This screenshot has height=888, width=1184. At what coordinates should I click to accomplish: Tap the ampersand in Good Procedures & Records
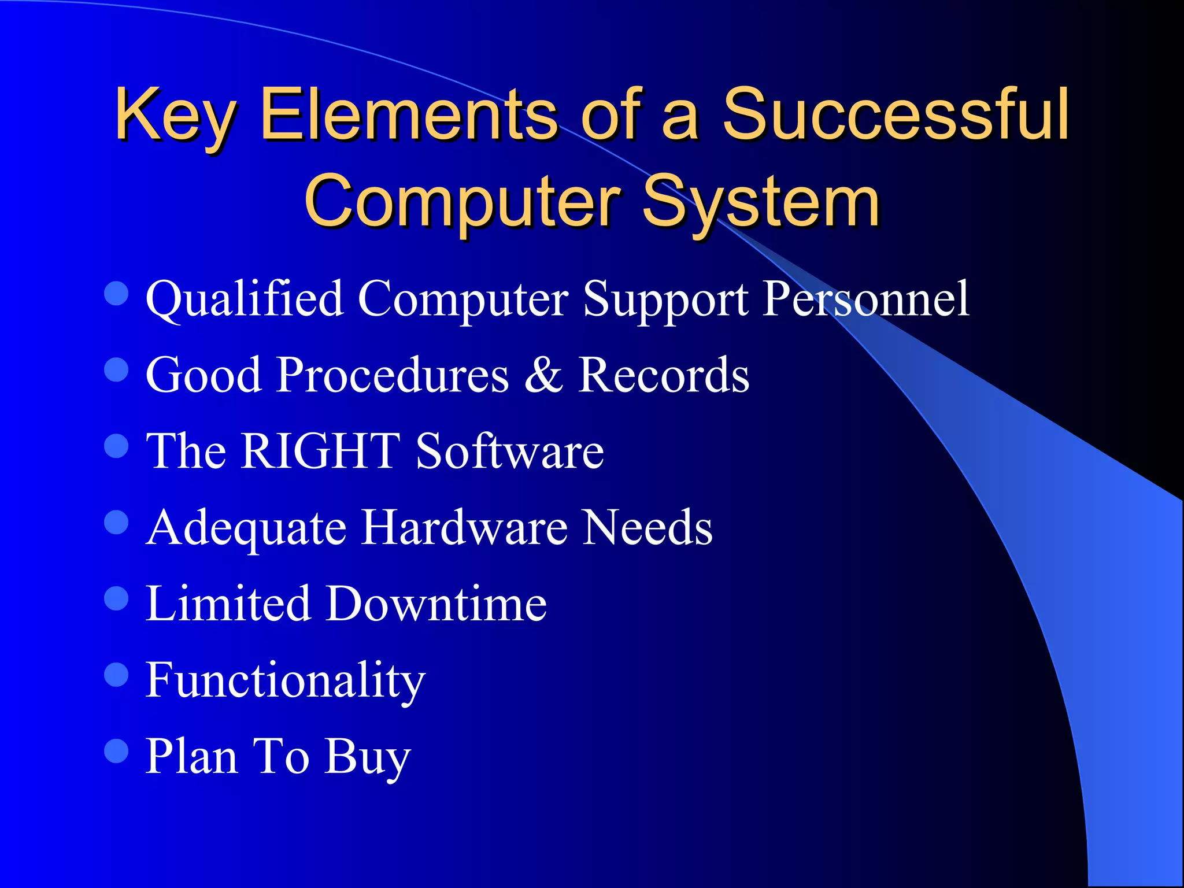[543, 375]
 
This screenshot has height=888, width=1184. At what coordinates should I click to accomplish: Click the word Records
[664, 375]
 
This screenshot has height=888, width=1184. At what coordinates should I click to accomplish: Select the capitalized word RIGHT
[320, 450]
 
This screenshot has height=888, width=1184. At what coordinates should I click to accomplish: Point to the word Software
[510, 450]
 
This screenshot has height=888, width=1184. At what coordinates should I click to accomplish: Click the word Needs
[647, 527]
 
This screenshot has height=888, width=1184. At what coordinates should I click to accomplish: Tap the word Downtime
[436, 604]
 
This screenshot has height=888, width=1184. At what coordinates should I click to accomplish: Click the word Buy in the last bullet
[368, 757]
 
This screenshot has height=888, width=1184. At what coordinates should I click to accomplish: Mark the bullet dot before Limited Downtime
[116, 598]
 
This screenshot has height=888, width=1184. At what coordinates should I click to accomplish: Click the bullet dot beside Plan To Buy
[116, 752]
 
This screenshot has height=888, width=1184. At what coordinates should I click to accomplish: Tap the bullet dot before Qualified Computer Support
[116, 293]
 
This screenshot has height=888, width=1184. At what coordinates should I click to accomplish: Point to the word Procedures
[393, 375]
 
